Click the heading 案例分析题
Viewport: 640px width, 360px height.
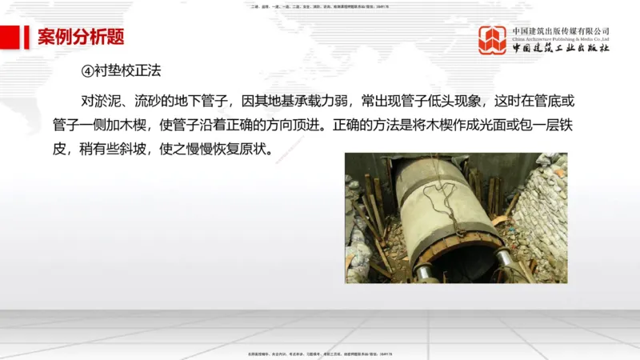[x=81, y=37]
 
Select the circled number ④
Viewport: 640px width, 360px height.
[x=89, y=70]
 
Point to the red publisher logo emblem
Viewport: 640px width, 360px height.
[x=492, y=40]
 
